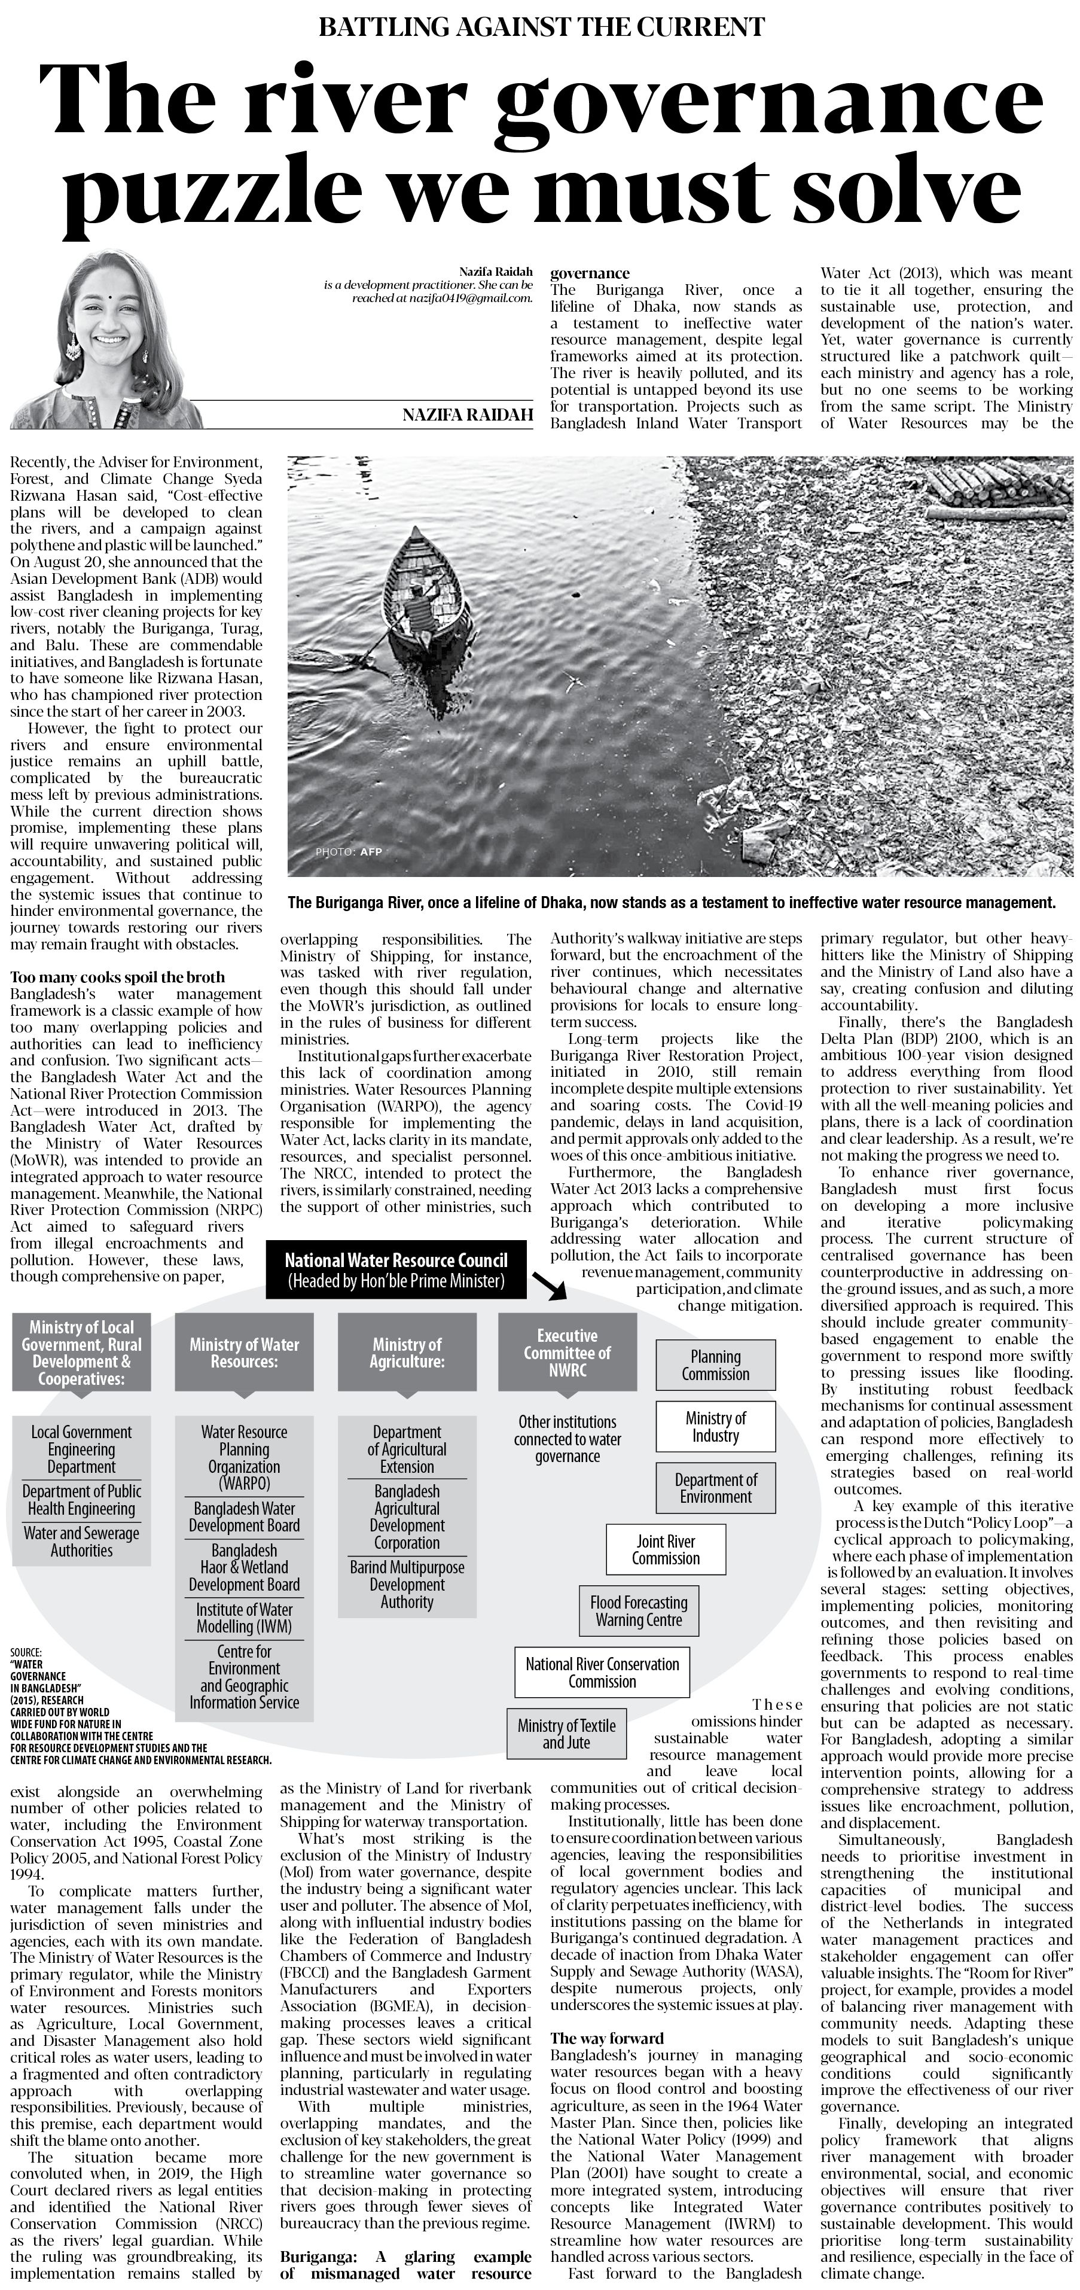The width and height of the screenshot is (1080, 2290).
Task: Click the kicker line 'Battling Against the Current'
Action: pyautogui.click(x=541, y=27)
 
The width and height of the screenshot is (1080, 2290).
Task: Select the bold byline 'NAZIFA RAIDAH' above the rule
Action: pyautogui.click(x=466, y=415)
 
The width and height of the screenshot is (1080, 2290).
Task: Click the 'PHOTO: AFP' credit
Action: pyautogui.click(x=349, y=852)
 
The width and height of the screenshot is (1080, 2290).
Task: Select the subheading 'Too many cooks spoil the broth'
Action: pyautogui.click(x=117, y=977)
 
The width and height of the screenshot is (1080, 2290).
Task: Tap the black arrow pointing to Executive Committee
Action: pyautogui.click(x=550, y=1286)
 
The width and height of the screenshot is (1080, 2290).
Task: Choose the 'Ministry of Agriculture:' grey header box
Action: pyautogui.click(x=407, y=1352)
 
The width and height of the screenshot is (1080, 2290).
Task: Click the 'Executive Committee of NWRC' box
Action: pyautogui.click(x=567, y=1352)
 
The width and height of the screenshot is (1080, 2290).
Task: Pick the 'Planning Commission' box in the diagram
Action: pyautogui.click(x=716, y=1365)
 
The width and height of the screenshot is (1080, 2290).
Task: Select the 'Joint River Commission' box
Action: pyautogui.click(x=666, y=1549)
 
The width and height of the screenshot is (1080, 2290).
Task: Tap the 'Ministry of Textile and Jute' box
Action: pyautogui.click(x=566, y=1734)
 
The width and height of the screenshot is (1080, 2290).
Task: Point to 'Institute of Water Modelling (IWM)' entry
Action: pyautogui.click(x=245, y=1617)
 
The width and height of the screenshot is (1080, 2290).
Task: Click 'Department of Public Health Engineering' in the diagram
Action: pyautogui.click(x=82, y=1500)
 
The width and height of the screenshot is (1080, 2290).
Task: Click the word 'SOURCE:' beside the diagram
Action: pyautogui.click(x=27, y=1653)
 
